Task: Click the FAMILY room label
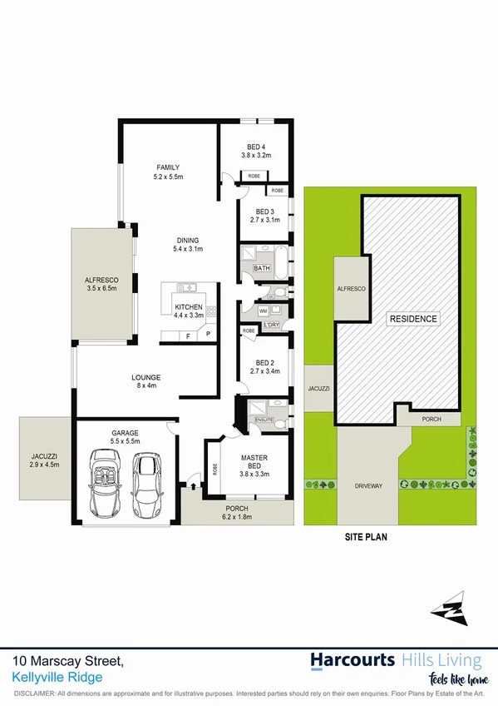(167, 167)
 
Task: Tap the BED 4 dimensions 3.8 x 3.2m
(256, 155)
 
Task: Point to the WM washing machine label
(264, 311)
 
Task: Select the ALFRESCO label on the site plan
(351, 287)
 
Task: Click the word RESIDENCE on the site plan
(413, 319)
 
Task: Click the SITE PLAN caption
(366, 538)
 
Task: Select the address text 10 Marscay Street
(68, 661)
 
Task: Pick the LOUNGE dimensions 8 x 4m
(146, 386)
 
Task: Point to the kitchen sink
(189, 288)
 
